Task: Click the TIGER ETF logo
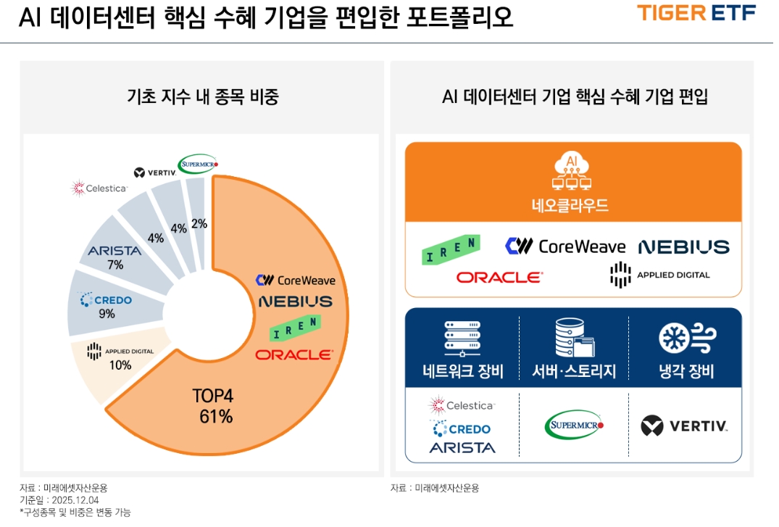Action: pos(696,13)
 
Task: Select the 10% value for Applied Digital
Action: pos(120,365)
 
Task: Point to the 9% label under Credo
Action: pos(107,314)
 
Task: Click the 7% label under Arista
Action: pos(115,265)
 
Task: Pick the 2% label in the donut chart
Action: pos(199,224)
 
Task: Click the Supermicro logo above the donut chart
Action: pos(199,163)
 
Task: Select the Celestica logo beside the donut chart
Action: pos(99,189)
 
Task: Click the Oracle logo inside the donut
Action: pos(293,355)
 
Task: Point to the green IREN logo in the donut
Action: pos(295,328)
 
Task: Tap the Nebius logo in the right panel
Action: pos(683,247)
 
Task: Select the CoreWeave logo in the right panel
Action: pos(565,246)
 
